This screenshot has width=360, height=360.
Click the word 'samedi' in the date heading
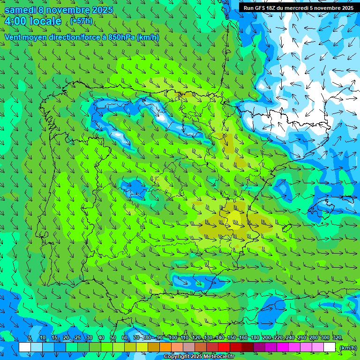20,10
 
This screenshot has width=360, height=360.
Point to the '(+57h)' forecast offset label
81,21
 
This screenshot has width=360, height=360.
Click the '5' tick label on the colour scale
30,337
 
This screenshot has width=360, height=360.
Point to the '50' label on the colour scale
113,337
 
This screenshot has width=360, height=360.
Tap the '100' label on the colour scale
173,337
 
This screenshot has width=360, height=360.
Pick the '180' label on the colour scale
255,337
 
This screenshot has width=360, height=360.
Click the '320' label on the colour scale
337,337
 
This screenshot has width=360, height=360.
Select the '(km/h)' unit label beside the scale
347,347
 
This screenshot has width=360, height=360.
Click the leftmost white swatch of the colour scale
25,347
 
